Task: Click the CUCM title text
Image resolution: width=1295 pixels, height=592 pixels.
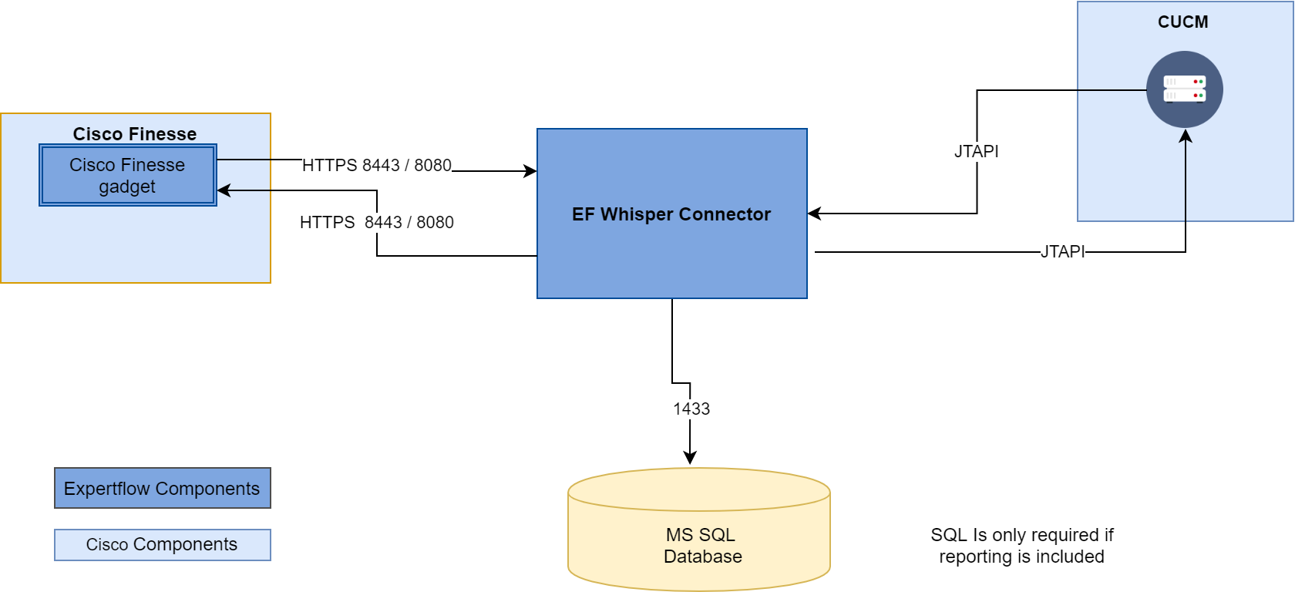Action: pos(1182,22)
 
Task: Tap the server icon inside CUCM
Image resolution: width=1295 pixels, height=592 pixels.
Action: pos(1184,89)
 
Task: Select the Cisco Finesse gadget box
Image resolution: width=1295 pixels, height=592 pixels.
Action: pos(127,176)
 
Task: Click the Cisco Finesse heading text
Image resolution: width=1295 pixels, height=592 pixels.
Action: pos(135,134)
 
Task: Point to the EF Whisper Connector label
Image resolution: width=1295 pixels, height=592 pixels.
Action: pos(671,214)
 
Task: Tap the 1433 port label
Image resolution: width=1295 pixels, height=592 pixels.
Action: pos(691,409)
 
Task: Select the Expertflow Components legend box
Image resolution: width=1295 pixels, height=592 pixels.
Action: pos(162,489)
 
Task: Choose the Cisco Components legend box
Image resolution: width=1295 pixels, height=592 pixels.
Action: pos(162,545)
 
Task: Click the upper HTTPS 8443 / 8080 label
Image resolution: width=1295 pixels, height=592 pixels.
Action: pos(376,165)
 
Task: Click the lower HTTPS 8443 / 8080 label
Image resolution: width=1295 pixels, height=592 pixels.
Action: pos(376,222)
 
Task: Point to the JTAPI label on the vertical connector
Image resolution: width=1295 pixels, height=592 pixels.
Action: pos(976,151)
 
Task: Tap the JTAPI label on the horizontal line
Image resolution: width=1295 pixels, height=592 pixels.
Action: pos(1062,251)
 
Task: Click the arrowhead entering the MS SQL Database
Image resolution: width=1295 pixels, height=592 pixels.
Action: pos(690,459)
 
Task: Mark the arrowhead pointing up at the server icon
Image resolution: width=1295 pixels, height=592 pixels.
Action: pos(1186,136)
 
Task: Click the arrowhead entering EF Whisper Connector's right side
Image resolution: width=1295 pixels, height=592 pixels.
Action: pos(814,214)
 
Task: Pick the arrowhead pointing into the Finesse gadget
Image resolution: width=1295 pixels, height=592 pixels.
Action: pos(224,190)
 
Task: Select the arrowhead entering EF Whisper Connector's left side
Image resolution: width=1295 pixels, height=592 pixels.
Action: pos(530,171)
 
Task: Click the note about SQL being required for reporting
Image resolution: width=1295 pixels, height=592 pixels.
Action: pos(1021,546)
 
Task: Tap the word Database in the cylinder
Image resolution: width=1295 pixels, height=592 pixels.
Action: pos(702,557)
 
